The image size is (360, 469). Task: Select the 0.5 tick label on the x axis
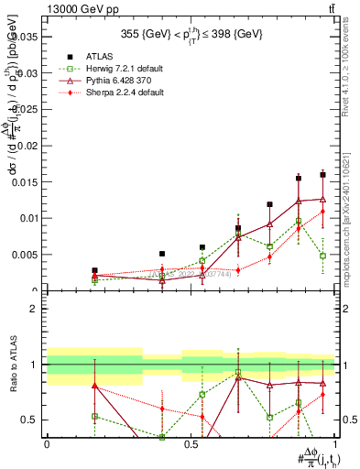pyautogui.click(x=190, y=444)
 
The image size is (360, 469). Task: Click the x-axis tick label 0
pyautogui.click(x=47, y=444)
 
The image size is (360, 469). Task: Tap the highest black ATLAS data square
pyautogui.click(x=322, y=174)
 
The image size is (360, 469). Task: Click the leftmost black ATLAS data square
pyautogui.click(x=94, y=271)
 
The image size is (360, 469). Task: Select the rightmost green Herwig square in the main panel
pyautogui.click(x=322, y=256)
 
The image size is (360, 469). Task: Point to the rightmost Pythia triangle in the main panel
pyautogui.click(x=322, y=199)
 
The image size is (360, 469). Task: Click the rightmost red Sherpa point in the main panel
pyautogui.click(x=322, y=212)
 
